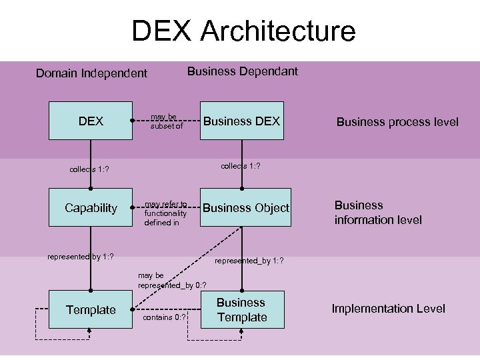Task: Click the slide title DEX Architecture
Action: [x=243, y=31]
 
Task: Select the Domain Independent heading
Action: [x=91, y=73]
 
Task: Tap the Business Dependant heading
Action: [x=242, y=71]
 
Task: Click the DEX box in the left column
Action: [x=91, y=121]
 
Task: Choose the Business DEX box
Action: [x=242, y=121]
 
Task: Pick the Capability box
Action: [x=91, y=208]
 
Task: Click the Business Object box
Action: [x=246, y=208]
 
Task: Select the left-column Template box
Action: [x=91, y=309]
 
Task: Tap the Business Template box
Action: [x=242, y=310]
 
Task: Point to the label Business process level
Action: [x=397, y=121]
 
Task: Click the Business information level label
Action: [x=377, y=212]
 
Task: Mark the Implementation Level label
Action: [x=388, y=308]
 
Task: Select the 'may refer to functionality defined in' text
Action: [x=165, y=213]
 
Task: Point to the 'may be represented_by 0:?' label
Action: [x=167, y=280]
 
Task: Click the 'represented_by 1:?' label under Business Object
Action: [x=249, y=261]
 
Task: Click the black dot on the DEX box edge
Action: [x=133, y=121]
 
